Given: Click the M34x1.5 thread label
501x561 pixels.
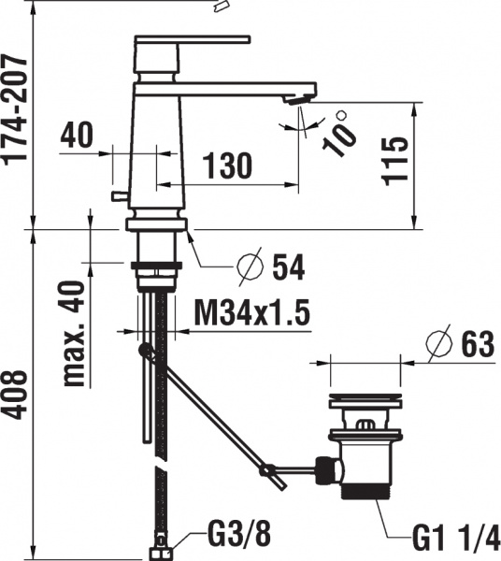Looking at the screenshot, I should (251, 311).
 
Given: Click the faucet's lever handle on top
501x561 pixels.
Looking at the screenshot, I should (192, 40).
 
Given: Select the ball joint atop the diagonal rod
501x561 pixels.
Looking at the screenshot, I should (144, 351).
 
